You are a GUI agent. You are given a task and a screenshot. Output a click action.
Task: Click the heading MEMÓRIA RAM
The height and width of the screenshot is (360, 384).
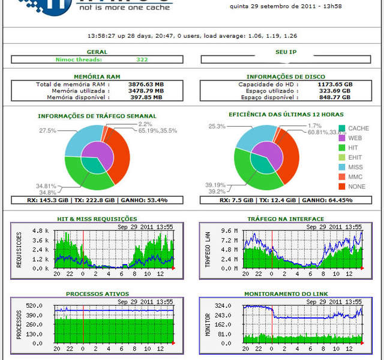97,77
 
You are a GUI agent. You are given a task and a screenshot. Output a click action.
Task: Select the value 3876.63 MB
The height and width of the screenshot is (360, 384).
145,85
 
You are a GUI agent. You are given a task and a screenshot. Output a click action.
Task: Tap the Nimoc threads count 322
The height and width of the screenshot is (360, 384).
142,59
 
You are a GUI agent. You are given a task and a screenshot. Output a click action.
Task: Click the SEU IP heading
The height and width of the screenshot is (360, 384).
286,52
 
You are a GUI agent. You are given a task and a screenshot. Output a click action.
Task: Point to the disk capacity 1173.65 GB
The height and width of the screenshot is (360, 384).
334,85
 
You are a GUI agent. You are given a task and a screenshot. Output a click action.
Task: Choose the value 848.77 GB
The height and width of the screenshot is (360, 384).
334,97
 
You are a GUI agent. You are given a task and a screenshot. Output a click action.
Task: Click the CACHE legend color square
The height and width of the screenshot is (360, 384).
342,128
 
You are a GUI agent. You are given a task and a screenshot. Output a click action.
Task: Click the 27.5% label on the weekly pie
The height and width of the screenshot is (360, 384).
48,130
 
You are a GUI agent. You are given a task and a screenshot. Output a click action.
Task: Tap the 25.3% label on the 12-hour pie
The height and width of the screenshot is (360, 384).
217,127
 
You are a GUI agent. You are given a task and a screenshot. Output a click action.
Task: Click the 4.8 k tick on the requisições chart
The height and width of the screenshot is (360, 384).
40,230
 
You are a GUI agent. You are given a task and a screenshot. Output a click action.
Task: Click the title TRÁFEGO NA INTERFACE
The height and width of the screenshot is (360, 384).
286,219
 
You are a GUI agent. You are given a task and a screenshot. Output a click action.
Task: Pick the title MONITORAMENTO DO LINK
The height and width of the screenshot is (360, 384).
286,294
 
